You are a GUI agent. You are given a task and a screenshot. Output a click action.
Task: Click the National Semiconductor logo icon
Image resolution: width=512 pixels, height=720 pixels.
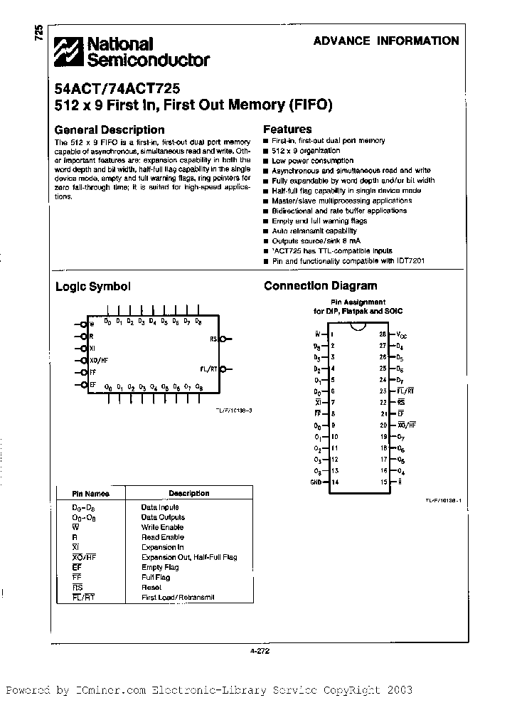pyautogui.click(x=71, y=52)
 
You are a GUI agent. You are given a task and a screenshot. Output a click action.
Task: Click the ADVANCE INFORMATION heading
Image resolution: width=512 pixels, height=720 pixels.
pyautogui.click(x=386, y=41)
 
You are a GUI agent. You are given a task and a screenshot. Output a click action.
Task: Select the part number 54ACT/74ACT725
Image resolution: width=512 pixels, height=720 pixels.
pyautogui.click(x=117, y=90)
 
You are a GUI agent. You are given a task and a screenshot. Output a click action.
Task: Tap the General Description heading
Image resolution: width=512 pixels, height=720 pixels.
pyautogui.click(x=110, y=130)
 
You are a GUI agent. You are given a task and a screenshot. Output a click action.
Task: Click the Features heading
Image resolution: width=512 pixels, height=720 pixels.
pyautogui.click(x=287, y=129)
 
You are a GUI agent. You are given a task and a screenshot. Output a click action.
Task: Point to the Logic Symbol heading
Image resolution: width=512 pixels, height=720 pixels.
pyautogui.click(x=93, y=287)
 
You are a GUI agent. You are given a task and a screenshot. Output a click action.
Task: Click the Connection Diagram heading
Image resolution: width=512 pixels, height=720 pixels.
pyautogui.click(x=320, y=286)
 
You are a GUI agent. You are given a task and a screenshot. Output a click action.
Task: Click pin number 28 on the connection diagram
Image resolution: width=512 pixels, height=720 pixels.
pyautogui.click(x=382, y=334)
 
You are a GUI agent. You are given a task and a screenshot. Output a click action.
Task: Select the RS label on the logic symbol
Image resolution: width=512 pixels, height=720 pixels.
pyautogui.click(x=213, y=339)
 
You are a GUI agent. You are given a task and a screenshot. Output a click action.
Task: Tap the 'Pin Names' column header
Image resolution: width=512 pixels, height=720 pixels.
pyautogui.click(x=90, y=493)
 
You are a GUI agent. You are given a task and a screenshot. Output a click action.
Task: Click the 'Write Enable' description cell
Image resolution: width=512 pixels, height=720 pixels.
pyautogui.click(x=162, y=527)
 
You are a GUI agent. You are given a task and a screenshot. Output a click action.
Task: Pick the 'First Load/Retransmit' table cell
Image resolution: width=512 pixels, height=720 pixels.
pyautogui.click(x=178, y=597)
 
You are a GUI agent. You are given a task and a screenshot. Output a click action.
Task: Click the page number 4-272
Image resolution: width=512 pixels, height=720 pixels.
pyautogui.click(x=260, y=650)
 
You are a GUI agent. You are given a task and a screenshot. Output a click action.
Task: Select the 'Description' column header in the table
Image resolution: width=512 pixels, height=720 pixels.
pyautogui.click(x=188, y=493)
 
